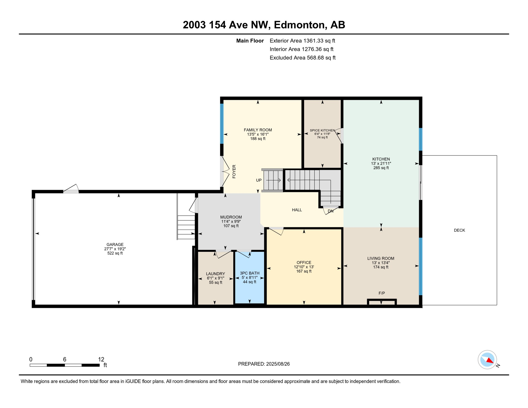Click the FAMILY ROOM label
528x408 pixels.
(x=258, y=130)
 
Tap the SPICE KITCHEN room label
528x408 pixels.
(x=322, y=130)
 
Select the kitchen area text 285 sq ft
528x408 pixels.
(x=381, y=168)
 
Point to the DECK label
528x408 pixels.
(x=459, y=230)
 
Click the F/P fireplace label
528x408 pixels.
(x=381, y=293)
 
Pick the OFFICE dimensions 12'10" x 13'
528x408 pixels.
(x=304, y=267)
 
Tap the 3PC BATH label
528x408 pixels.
(x=249, y=273)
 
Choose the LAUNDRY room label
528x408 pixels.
(x=215, y=274)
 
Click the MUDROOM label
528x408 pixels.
(x=231, y=217)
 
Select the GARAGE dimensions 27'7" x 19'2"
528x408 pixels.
(x=115, y=249)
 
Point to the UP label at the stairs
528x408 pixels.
(x=259, y=180)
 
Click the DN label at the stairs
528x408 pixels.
(x=330, y=211)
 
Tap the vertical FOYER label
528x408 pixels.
(x=234, y=171)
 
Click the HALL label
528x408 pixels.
(x=297, y=210)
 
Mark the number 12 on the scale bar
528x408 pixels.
(x=101, y=359)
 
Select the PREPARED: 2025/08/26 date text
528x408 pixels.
(x=264, y=364)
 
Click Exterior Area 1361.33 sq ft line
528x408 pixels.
(x=302, y=41)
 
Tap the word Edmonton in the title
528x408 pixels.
(x=300, y=25)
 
